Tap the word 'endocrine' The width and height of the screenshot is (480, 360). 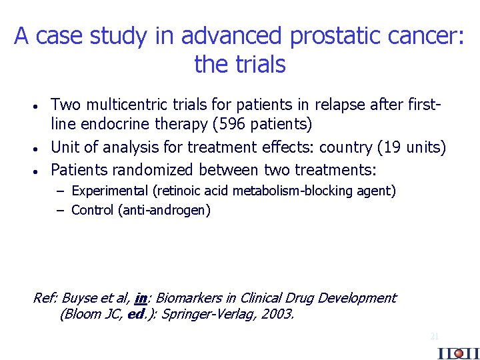(110, 123)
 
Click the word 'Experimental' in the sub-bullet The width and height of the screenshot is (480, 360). (110, 191)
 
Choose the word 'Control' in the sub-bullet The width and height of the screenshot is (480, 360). (92, 211)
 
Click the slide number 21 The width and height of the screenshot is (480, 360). (434, 337)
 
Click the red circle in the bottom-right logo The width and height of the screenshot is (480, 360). (459, 353)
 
